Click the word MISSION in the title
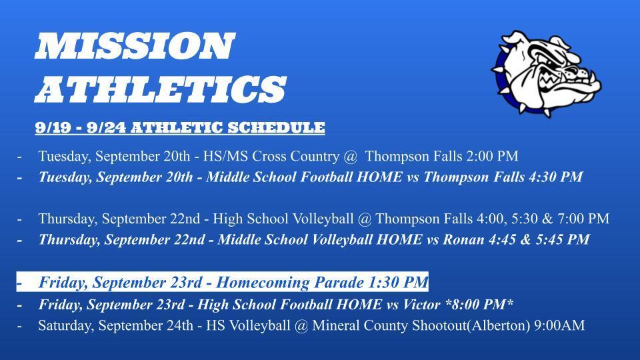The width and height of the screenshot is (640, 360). (135, 46)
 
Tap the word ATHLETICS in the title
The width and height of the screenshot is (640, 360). (161, 89)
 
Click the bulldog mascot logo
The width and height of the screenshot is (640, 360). (546, 73)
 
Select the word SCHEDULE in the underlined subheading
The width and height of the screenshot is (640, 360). (276, 128)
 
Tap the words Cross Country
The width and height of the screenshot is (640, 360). (295, 156)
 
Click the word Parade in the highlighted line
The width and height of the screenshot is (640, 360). (339, 283)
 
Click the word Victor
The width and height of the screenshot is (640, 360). (421, 305)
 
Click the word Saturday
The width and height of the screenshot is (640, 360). (66, 326)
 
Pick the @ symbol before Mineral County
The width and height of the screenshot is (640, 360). (301, 326)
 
